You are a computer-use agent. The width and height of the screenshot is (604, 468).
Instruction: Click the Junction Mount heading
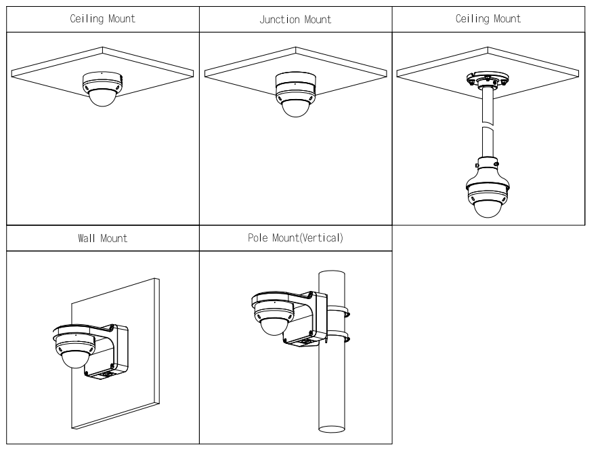295,20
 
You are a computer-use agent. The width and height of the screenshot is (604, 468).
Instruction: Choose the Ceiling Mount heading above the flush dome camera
102,19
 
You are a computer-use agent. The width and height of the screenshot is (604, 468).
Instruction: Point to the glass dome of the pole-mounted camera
271,324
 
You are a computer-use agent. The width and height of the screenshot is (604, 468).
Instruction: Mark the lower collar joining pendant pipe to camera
487,164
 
